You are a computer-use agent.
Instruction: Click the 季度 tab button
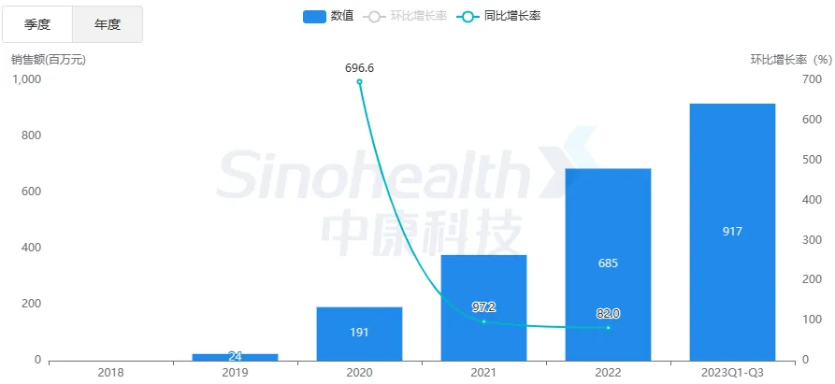pyautogui.click(x=36, y=24)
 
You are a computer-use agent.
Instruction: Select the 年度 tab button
pyautogui.click(x=108, y=24)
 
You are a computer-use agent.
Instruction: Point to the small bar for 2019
pyautogui.click(x=235, y=356)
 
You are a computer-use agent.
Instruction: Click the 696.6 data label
pyautogui.click(x=359, y=68)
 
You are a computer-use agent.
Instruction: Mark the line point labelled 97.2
pyautogui.click(x=483, y=321)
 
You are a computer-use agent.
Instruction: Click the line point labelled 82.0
pyautogui.click(x=608, y=327)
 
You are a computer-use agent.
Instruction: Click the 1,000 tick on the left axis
pyautogui.click(x=26, y=79)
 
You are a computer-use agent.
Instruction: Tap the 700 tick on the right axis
pyautogui.click(x=812, y=79)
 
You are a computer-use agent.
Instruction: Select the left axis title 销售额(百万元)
pyautogui.click(x=49, y=60)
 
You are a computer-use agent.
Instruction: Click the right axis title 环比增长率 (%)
pyautogui.click(x=791, y=60)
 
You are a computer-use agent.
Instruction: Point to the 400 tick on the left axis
pyautogui.click(x=31, y=248)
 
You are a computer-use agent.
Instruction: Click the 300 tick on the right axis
pyautogui.click(x=812, y=240)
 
